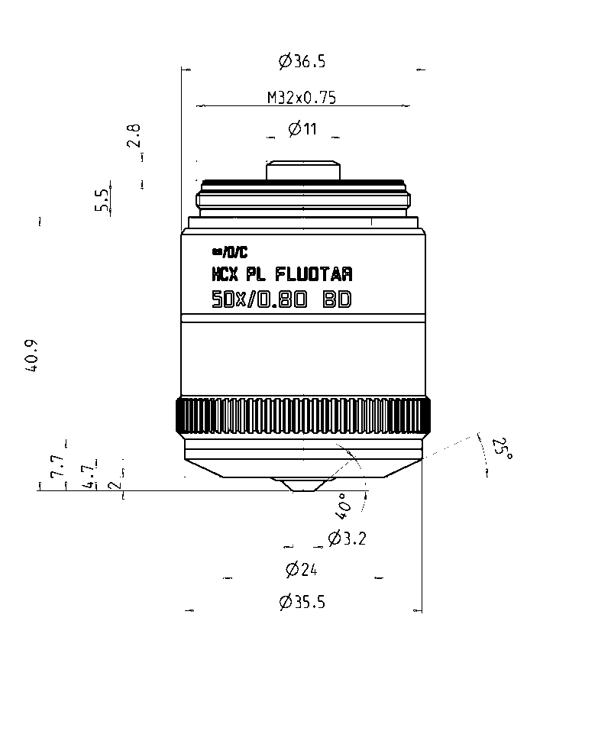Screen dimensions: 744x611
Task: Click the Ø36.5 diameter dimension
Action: tap(302, 62)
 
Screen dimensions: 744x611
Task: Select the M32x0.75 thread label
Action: tap(302, 97)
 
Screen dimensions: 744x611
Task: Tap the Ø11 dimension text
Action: tap(302, 129)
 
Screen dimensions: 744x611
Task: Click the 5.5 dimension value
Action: tap(102, 200)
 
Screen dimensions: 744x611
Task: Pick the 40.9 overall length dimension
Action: tap(31, 355)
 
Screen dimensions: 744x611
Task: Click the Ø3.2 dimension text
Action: tap(348, 539)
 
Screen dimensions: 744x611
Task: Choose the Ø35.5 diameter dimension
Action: tap(302, 602)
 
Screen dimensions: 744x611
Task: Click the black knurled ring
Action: tap(302, 416)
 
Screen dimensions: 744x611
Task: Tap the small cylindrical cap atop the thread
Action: tap(302, 170)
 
